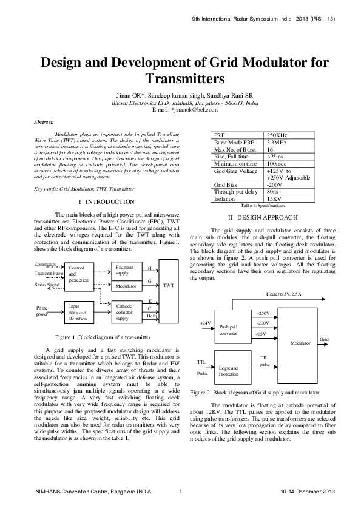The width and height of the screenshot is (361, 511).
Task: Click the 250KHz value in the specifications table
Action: pyautogui.click(x=277, y=134)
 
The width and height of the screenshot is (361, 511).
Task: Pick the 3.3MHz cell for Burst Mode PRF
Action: pyautogui.click(x=277, y=142)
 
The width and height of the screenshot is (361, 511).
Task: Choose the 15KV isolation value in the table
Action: pyautogui.click(x=274, y=198)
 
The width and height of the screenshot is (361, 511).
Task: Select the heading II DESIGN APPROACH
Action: pyautogui.click(x=263, y=217)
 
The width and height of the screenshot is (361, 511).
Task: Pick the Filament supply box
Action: pyautogui.click(x=126, y=270)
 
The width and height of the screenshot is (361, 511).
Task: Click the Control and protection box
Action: pyautogui.click(x=79, y=274)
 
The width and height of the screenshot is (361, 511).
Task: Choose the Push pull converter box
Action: pyautogui.click(x=229, y=330)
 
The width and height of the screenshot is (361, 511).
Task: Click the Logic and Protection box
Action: pyautogui.click(x=229, y=371)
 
